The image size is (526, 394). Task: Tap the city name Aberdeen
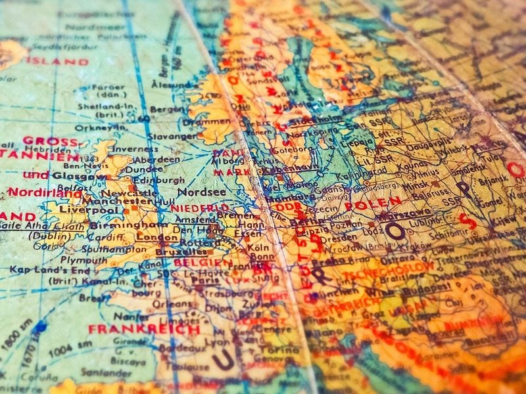point(158,160)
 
